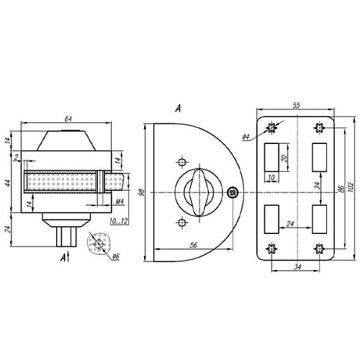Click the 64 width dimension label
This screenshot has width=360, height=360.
(68, 119)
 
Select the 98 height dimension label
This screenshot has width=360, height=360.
(143, 192)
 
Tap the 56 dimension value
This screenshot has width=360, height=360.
(194, 245)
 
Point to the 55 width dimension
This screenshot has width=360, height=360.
(297, 105)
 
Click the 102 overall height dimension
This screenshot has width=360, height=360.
(351, 188)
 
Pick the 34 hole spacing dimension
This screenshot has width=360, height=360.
(297, 266)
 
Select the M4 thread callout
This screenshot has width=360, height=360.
(120, 202)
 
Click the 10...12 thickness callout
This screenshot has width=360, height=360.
(119, 221)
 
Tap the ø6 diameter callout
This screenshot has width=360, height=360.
(115, 256)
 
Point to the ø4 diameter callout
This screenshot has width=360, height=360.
(246, 138)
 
